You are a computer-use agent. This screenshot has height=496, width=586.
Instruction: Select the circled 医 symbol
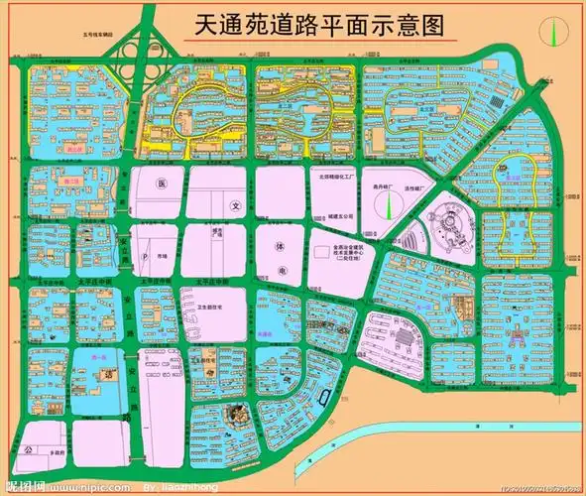coord(161,186)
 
